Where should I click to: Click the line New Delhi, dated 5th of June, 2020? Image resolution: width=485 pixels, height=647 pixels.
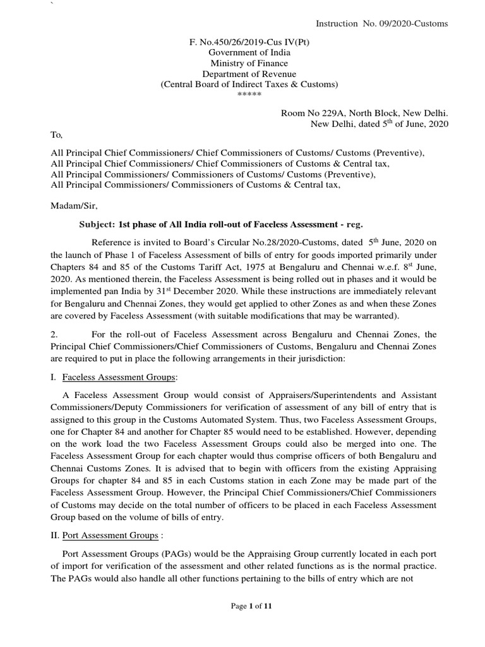pos(379,124)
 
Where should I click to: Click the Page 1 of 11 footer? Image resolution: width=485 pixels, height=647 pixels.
pos(251,606)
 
